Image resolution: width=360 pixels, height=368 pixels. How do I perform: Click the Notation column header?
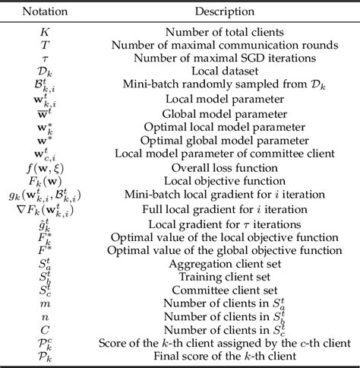tap(43, 12)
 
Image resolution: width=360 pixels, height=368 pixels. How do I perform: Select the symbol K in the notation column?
tap(43, 31)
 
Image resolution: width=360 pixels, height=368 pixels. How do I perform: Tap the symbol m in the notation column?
tap(43, 303)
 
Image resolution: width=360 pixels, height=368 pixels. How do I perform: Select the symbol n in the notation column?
tap(43, 316)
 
